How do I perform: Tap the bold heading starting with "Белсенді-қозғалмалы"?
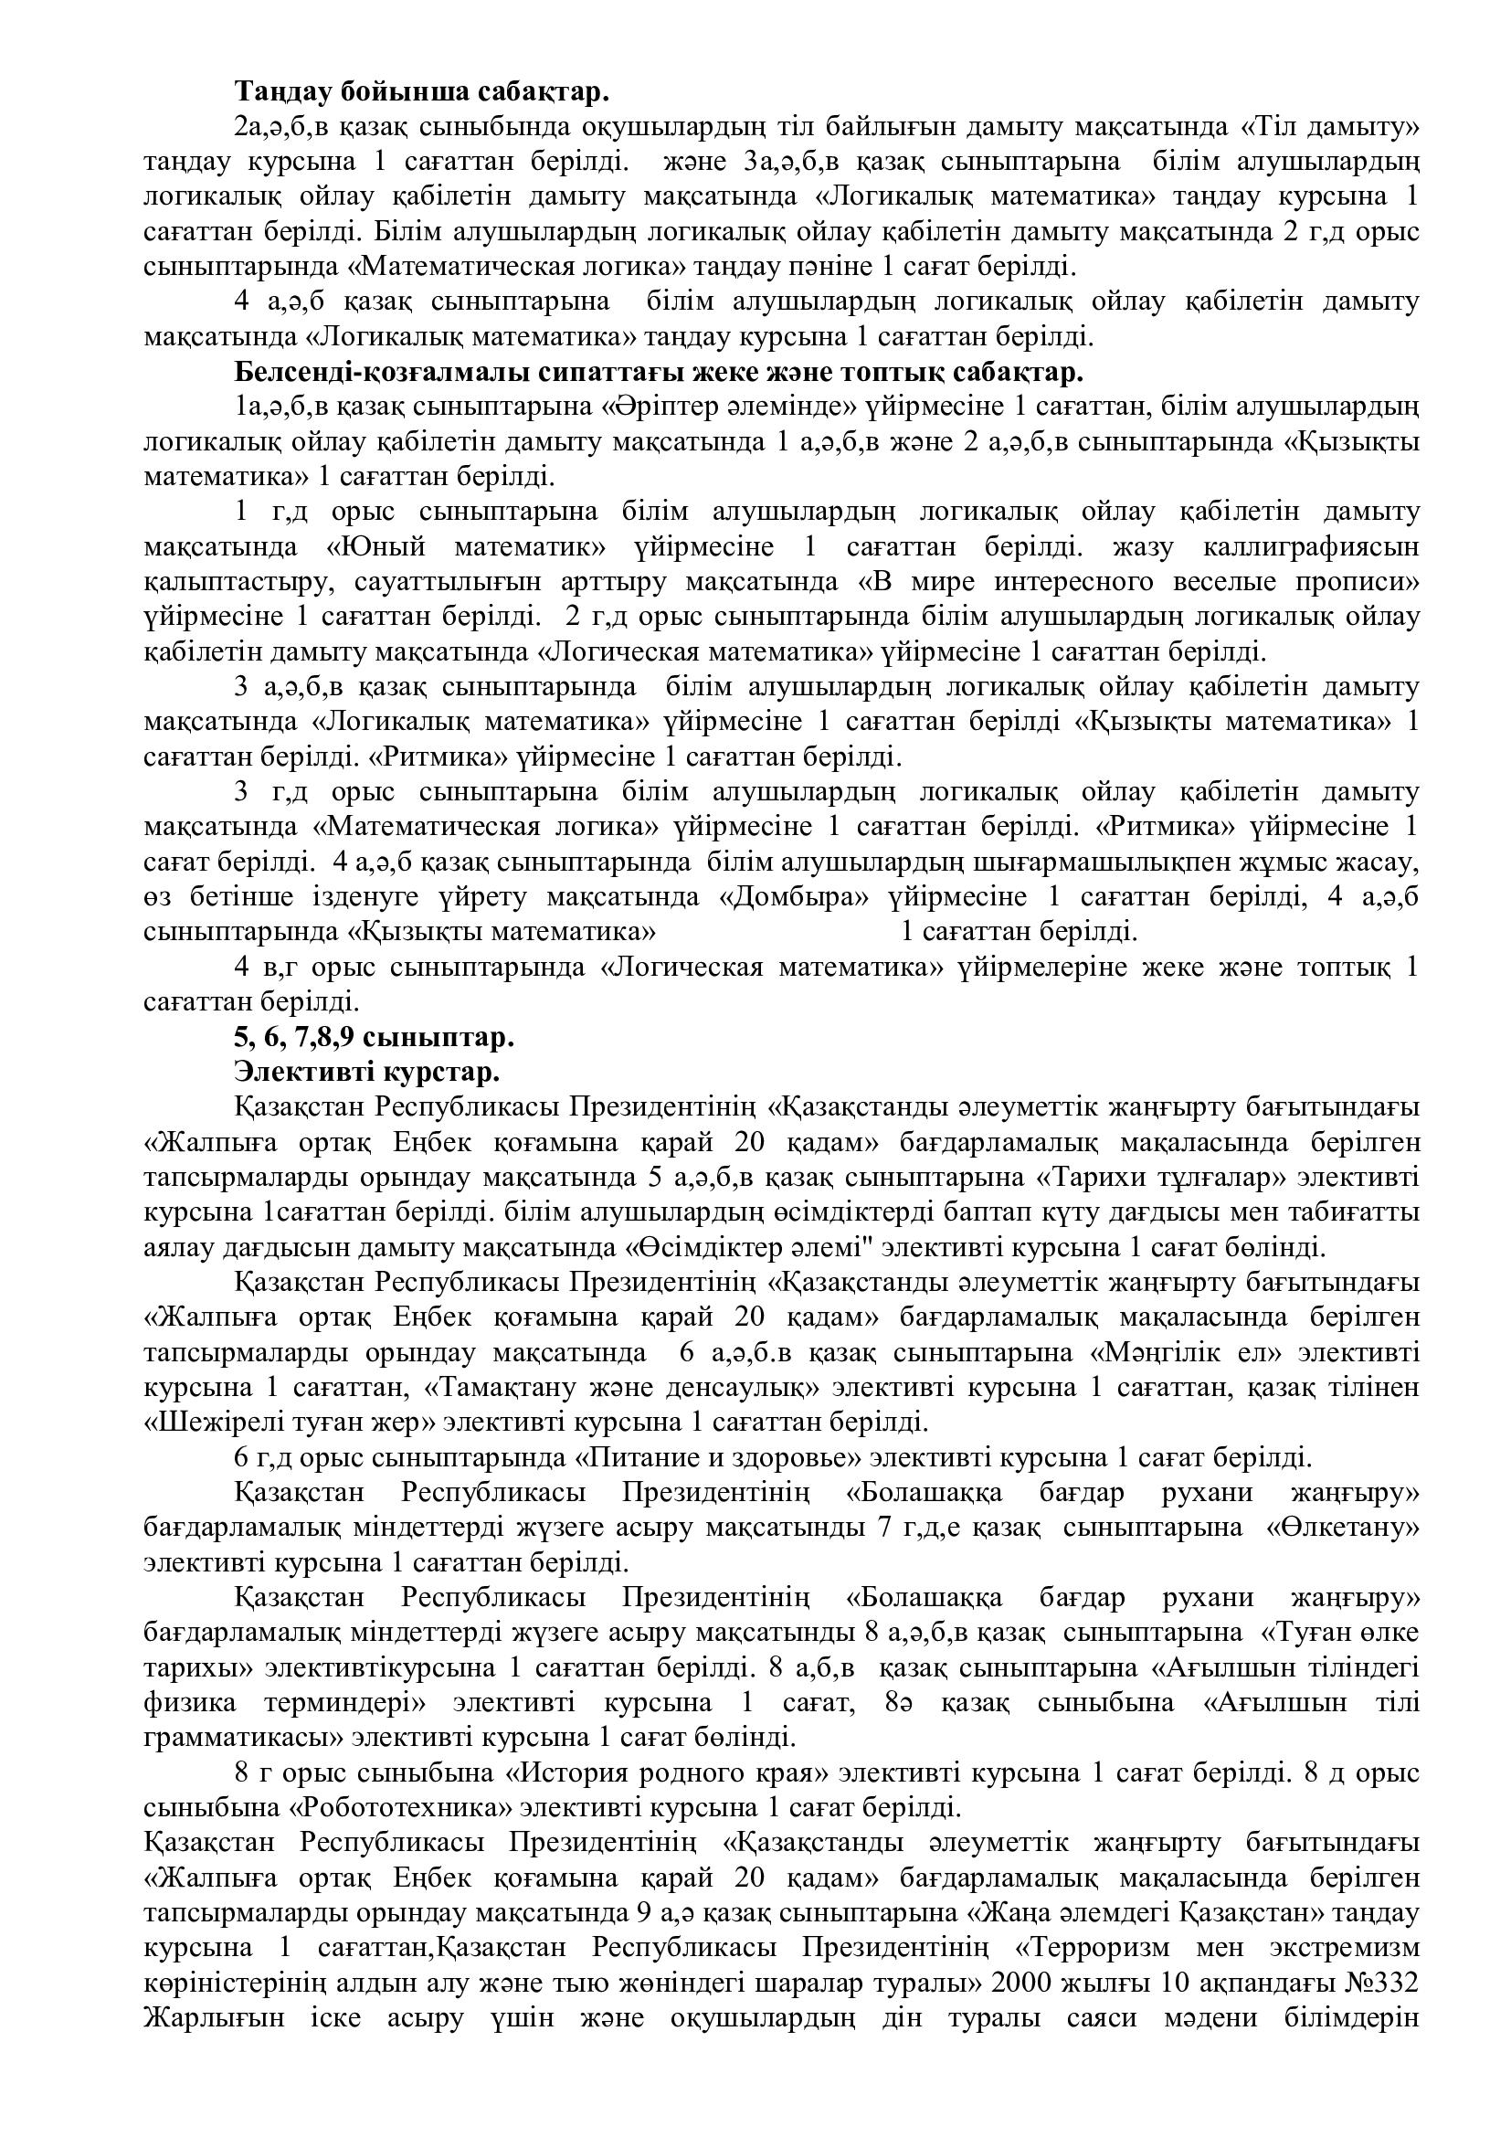click(659, 371)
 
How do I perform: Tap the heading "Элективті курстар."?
click(367, 1072)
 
